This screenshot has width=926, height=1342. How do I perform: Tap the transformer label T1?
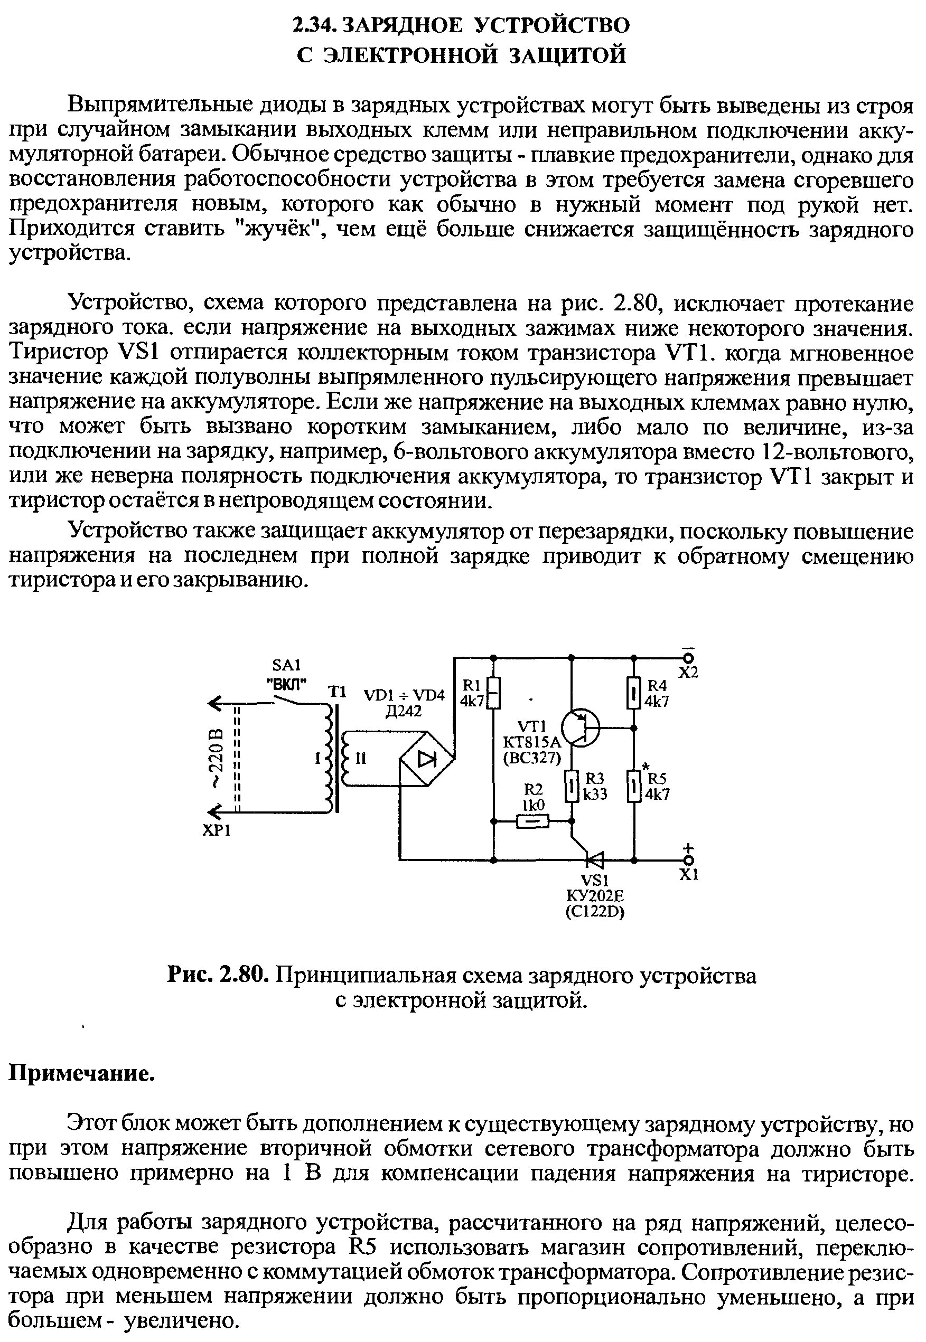[337, 692]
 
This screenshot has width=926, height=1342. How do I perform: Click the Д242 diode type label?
[404, 711]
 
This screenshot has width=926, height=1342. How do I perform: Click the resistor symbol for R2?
[532, 821]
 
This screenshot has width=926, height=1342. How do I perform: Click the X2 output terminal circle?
[689, 658]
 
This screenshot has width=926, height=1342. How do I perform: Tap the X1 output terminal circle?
[689, 861]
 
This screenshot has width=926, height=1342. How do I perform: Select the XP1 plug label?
[217, 831]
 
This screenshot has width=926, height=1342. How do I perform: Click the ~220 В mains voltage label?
[216, 759]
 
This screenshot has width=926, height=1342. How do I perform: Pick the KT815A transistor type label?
[532, 743]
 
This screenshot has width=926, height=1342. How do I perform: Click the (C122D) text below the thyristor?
[595, 912]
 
